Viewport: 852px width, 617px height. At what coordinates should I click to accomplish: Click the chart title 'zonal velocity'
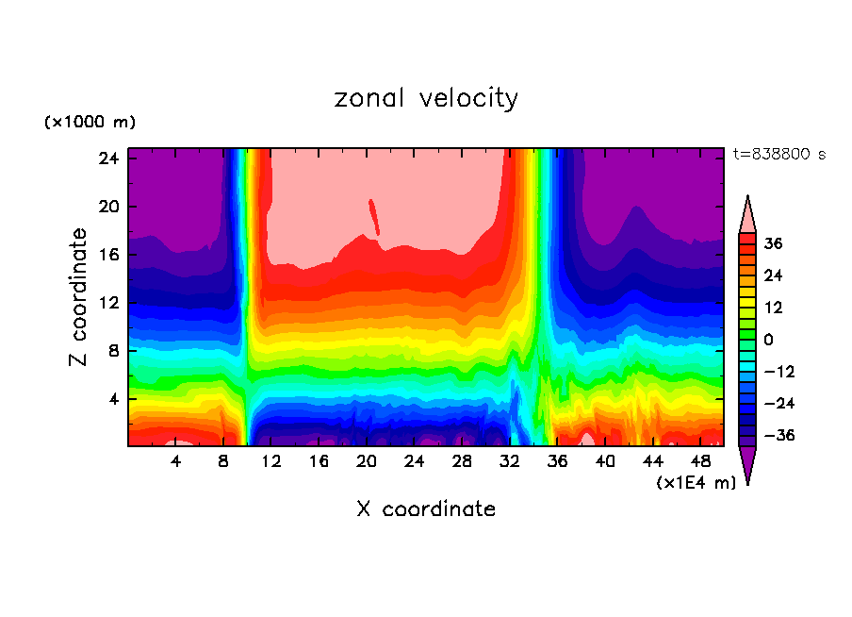point(426,98)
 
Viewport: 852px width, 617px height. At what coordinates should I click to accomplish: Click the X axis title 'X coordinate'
point(426,509)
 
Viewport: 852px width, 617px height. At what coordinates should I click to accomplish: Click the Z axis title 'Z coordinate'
point(78,296)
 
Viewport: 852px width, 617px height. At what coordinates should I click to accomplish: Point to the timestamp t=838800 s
point(779,155)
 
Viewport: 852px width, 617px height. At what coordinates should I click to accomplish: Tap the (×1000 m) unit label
point(90,123)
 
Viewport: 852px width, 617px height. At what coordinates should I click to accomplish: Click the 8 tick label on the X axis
point(223,461)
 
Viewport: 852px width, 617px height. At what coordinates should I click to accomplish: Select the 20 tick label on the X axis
point(367,461)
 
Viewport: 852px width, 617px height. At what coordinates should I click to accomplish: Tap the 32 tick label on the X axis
point(510,461)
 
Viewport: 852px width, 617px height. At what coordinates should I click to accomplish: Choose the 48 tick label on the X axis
point(701,461)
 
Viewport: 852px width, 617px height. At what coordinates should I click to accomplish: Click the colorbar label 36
point(773,243)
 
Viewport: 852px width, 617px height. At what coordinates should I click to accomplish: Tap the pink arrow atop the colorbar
point(747,215)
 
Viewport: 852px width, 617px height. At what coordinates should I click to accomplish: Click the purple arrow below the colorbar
point(747,464)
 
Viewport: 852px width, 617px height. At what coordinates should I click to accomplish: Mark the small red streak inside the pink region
point(374,216)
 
